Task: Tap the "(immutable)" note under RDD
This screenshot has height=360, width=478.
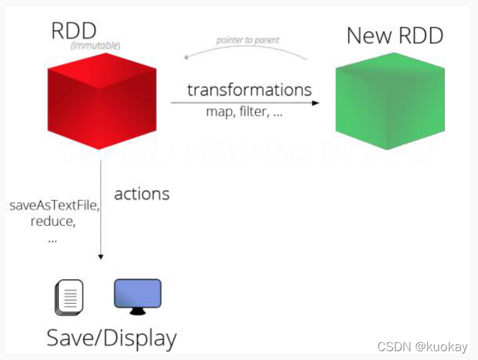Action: point(95,46)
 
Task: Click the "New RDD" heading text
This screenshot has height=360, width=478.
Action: point(395,35)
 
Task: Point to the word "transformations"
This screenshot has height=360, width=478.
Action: point(249,90)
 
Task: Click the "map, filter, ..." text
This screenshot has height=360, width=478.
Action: point(244,112)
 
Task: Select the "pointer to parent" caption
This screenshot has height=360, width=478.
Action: point(247,41)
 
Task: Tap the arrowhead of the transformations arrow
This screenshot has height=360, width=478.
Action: point(315,103)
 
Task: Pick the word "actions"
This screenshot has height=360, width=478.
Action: point(141,194)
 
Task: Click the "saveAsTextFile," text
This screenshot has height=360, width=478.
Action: point(55,206)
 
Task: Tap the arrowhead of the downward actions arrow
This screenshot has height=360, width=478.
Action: point(101,256)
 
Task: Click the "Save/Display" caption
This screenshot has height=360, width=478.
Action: point(112,338)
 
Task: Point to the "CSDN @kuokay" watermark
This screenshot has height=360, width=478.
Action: point(423,346)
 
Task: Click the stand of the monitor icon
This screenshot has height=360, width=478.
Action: point(138,311)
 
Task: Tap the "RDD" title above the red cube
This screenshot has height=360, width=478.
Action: point(74,30)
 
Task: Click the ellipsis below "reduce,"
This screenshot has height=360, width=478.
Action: point(52,239)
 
